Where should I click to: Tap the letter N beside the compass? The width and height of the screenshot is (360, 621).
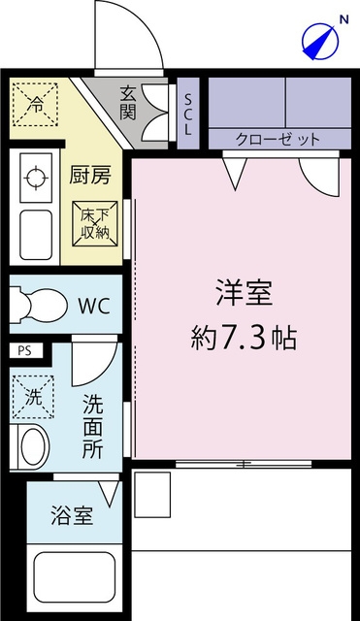[343, 17]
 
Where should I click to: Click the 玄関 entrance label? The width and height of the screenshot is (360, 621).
[128, 103]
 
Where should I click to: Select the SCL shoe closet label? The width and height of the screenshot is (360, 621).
[188, 114]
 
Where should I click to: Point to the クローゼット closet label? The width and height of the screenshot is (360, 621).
[278, 139]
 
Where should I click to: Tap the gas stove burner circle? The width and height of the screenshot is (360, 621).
[35, 178]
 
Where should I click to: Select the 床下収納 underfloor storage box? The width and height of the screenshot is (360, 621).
[97, 225]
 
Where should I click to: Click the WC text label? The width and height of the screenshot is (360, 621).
[93, 308]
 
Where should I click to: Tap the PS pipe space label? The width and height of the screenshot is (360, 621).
[24, 351]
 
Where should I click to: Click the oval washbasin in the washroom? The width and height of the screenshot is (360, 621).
[33, 447]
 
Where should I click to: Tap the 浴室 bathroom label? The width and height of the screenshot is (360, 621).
[72, 515]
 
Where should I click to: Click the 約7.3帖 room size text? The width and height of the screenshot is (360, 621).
[243, 338]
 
